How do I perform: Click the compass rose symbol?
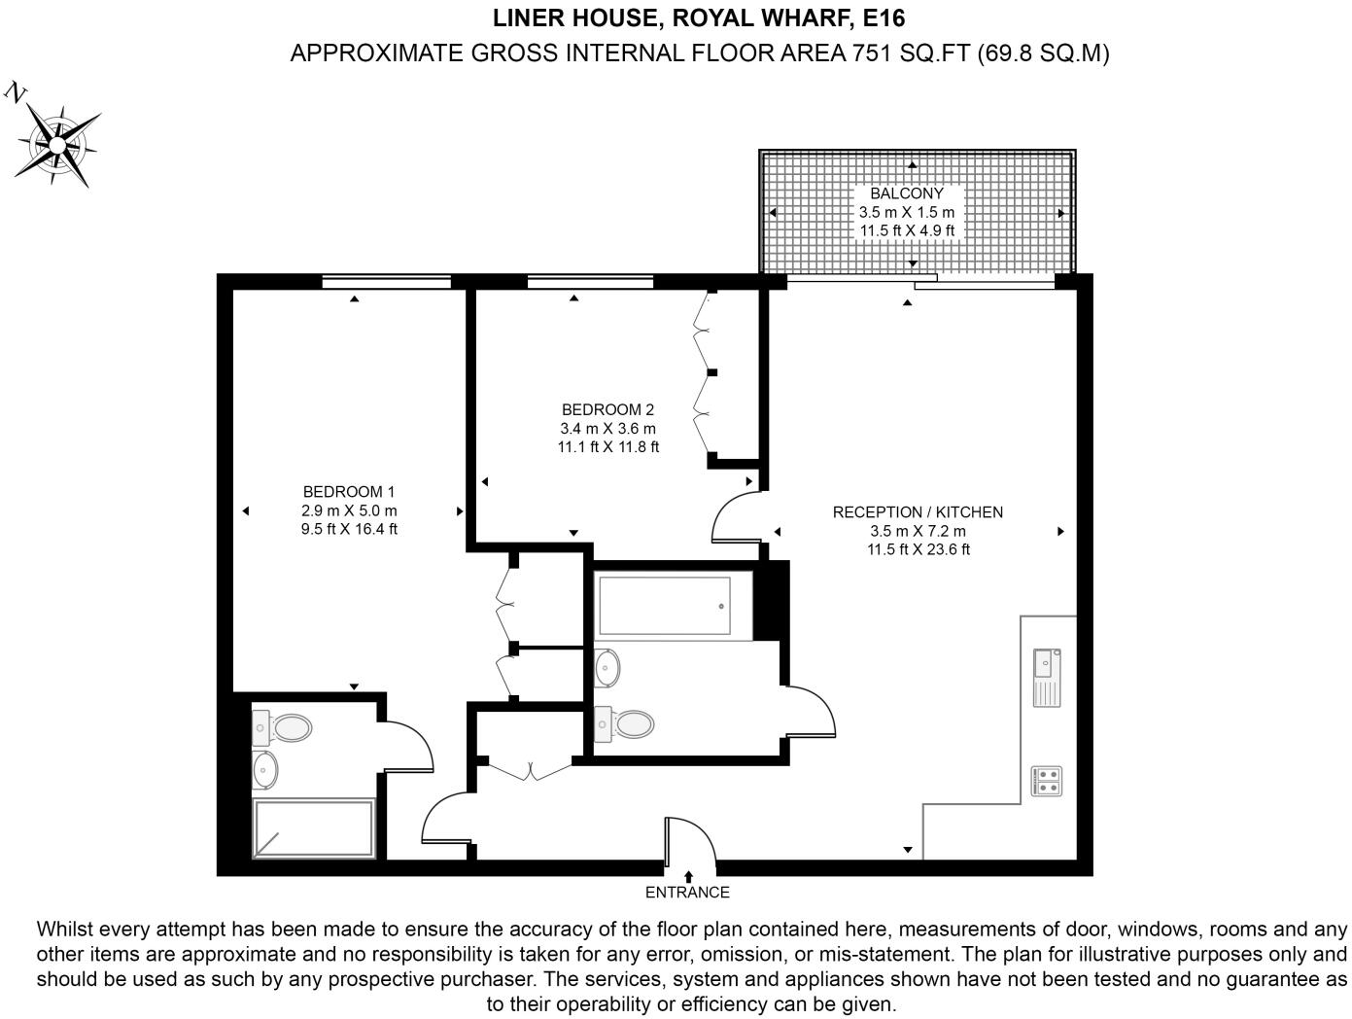[x=58, y=145]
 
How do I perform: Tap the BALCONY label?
[x=906, y=193]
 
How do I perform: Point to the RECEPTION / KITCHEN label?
[x=918, y=512]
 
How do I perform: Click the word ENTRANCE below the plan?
[x=687, y=893]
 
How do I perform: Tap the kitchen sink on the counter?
[x=1047, y=677]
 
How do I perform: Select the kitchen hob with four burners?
[x=1047, y=781]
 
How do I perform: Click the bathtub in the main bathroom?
[x=664, y=606]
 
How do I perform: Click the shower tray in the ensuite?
[x=313, y=829]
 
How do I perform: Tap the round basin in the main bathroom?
[x=607, y=667]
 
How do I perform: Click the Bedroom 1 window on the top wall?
[x=387, y=283]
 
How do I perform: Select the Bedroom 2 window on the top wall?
[x=590, y=283]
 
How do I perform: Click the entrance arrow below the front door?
[x=688, y=876]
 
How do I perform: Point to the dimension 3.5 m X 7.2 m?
[x=918, y=531]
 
